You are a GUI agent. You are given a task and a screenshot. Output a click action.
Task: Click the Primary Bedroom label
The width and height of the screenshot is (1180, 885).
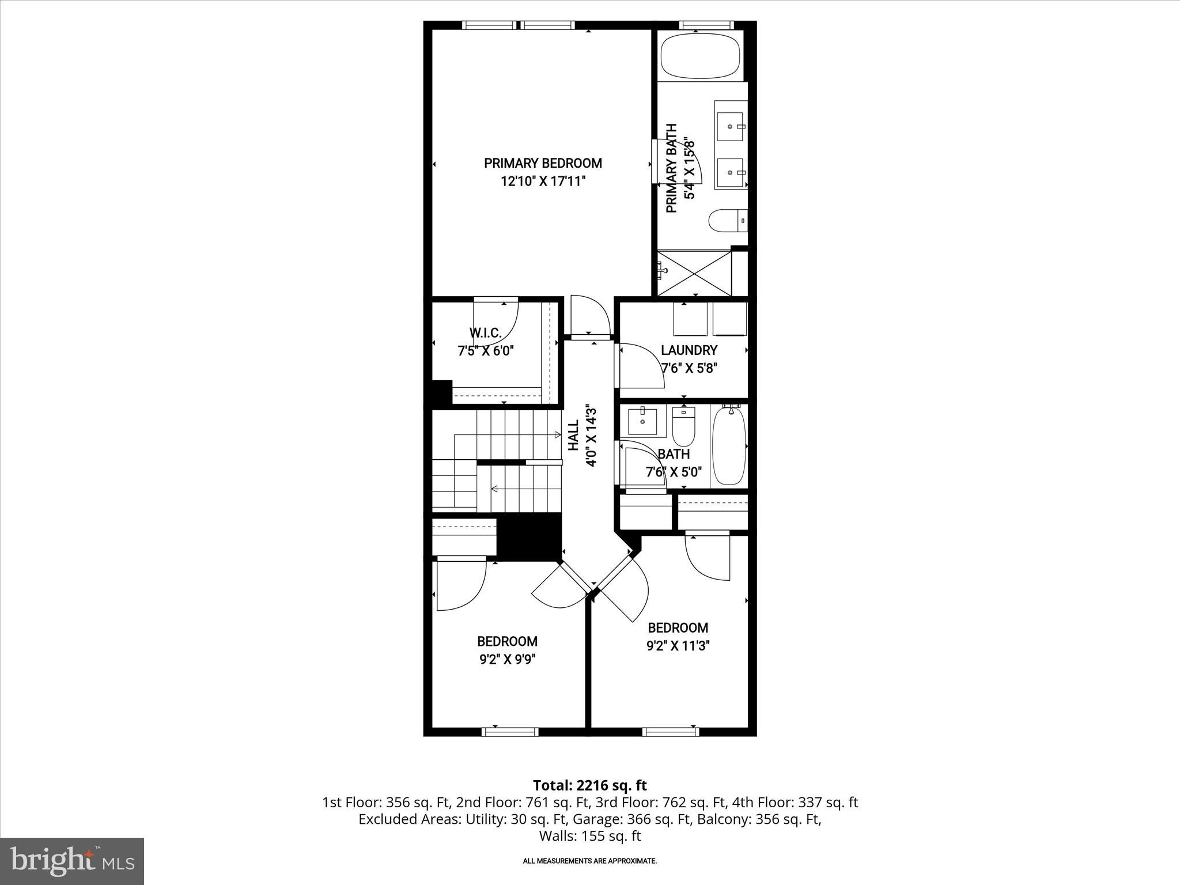coord(543,164)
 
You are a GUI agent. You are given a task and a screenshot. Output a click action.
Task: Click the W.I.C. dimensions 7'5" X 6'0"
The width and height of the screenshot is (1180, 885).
coord(485,350)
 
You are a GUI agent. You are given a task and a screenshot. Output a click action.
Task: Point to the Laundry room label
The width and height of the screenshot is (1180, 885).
coord(689,350)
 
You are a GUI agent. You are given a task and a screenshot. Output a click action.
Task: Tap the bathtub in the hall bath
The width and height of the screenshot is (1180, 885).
coord(729,447)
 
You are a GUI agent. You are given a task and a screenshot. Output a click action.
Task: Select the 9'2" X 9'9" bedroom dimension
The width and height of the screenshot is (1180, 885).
coord(507,659)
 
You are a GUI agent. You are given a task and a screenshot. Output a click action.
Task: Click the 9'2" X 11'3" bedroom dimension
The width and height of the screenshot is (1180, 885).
coord(678,645)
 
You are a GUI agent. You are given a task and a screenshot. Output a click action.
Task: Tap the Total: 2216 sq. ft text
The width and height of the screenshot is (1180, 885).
coord(589,785)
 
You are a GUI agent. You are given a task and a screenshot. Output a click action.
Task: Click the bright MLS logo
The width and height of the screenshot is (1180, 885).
coord(72,861)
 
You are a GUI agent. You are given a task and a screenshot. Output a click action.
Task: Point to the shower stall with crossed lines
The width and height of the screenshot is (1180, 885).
coord(694,273)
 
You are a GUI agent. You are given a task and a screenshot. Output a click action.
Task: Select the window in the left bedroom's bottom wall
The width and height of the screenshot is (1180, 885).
coord(509,732)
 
